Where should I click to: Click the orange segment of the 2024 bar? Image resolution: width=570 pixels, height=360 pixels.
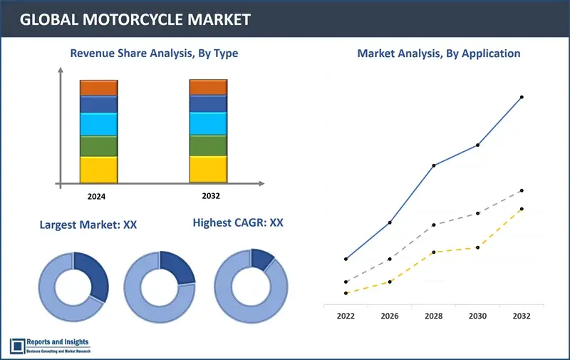click(98, 88)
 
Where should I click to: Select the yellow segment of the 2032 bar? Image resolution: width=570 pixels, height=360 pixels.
click(208, 169)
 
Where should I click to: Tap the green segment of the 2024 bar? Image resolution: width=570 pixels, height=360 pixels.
click(98, 146)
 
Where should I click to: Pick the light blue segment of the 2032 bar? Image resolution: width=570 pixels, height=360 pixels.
click(208, 123)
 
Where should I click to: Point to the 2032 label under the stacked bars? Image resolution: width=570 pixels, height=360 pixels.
click(208, 195)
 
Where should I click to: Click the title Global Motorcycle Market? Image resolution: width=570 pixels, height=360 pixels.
click(135, 19)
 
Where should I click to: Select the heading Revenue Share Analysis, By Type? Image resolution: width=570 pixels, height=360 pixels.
click(153, 53)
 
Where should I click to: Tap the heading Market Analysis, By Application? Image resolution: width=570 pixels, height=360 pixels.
click(439, 53)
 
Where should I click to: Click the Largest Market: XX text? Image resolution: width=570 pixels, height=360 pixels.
click(88, 225)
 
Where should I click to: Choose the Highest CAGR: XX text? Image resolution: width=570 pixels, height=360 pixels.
click(238, 223)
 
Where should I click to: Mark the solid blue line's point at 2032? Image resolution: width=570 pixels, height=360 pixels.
click(522, 97)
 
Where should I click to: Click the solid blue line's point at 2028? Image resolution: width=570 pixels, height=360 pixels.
click(434, 165)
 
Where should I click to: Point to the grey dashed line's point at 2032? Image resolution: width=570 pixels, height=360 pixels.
click(522, 190)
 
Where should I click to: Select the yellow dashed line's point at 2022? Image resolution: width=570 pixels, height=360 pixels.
click(346, 293)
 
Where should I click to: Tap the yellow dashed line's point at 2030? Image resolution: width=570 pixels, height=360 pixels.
click(477, 247)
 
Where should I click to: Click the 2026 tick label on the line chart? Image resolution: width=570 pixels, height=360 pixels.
click(390, 315)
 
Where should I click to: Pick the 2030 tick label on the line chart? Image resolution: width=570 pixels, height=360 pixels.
click(477, 315)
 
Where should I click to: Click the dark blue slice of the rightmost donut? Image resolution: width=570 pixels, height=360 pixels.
click(262, 259)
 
